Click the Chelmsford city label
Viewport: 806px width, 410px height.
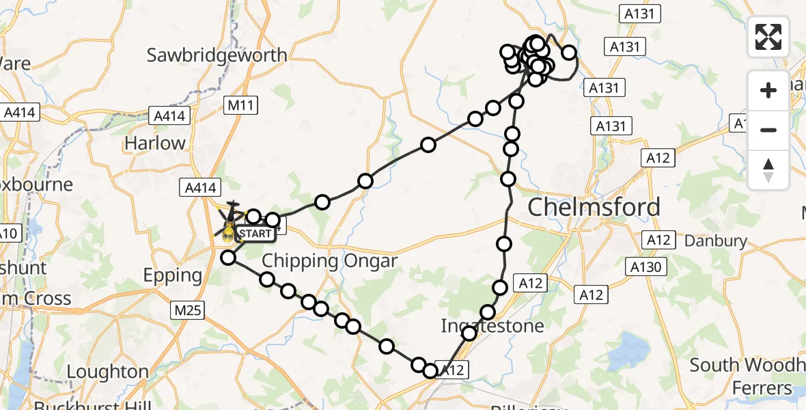point(594,207)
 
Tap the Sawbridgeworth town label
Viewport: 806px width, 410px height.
point(218,55)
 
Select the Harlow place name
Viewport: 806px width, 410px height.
point(155,143)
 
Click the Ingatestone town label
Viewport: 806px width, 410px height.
point(492,325)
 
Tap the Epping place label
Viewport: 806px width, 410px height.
point(173,275)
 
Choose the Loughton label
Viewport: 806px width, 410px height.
point(108,372)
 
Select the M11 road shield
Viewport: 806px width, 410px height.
point(240,105)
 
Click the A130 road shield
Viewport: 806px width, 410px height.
point(645,266)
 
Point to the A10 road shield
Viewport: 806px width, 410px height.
point(8,234)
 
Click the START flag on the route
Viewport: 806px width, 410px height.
point(255,234)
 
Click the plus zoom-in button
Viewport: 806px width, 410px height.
point(768,90)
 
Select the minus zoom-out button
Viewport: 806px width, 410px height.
point(768,130)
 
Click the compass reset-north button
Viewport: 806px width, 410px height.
point(768,169)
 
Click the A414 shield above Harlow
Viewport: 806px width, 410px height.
point(169,116)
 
